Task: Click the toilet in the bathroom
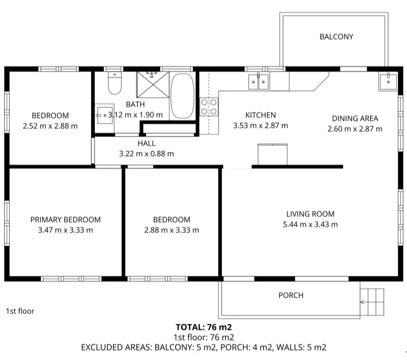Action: click(x=115, y=83)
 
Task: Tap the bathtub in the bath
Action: click(x=183, y=96)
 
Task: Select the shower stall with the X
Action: click(x=153, y=85)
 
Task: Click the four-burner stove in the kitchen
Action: click(x=209, y=107)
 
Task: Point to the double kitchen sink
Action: click(x=258, y=81)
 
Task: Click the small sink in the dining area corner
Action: click(x=388, y=81)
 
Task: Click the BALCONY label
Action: click(x=336, y=37)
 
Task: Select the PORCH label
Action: click(x=290, y=295)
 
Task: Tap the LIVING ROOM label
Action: click(x=310, y=214)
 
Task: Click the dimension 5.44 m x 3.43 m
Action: click(x=310, y=225)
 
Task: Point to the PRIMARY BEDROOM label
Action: click(x=66, y=220)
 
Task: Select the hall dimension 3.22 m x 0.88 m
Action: click(x=147, y=154)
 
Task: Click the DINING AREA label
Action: click(x=355, y=119)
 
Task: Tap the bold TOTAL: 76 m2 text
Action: click(x=204, y=327)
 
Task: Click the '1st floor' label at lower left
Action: click(x=20, y=311)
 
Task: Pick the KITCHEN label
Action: click(x=260, y=115)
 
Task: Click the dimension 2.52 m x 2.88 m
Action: click(x=50, y=126)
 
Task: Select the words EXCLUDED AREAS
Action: click(x=117, y=348)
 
